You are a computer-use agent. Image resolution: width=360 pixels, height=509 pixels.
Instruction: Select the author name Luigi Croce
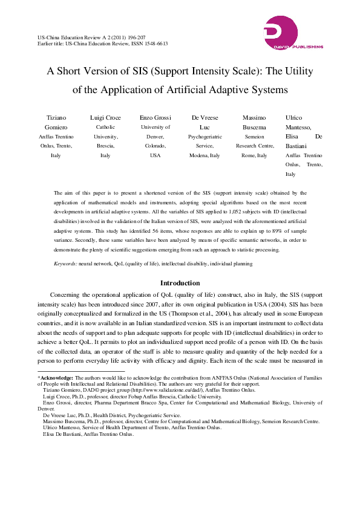[x=105, y=117]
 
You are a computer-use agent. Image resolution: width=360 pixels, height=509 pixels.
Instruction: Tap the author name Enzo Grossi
[x=155, y=117]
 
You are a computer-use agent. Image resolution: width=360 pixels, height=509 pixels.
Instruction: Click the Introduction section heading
[x=180, y=283]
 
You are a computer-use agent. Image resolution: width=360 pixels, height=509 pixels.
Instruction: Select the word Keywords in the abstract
[x=65, y=264]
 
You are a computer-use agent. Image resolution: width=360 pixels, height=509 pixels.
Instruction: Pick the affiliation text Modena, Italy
[x=205, y=155]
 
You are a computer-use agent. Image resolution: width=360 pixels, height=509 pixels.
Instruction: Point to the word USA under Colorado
[x=155, y=155]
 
